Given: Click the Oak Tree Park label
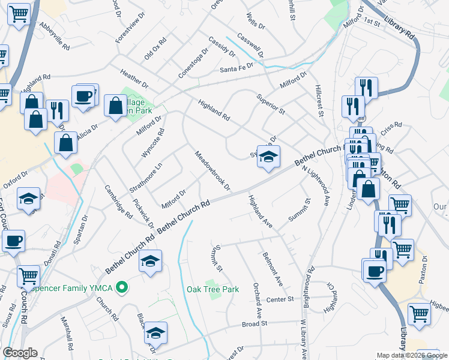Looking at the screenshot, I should click(212, 290).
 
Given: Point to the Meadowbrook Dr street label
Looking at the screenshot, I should click(212, 170).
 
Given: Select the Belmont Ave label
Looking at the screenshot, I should click(273, 268).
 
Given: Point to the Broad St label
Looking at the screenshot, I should click(254, 323).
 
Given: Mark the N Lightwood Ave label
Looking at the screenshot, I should click(318, 185).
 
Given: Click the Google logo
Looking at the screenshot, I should click(20, 353).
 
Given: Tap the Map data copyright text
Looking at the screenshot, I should click(411, 355).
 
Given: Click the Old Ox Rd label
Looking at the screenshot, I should click(154, 49).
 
